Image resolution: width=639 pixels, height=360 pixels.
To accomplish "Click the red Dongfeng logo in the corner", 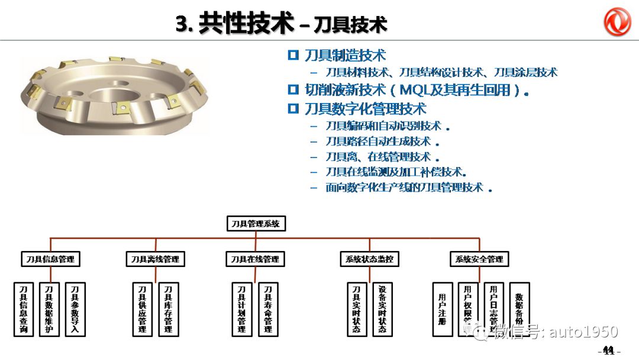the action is [x=617, y=22].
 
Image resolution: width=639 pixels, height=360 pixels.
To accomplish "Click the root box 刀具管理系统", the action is [x=256, y=223].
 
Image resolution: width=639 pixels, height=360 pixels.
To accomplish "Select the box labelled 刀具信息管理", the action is [x=50, y=259].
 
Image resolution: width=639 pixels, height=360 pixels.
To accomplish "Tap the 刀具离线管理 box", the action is [x=155, y=259].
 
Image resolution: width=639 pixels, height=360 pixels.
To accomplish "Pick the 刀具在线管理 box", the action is [x=254, y=259].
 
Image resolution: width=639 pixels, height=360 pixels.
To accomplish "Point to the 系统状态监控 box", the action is [x=369, y=259].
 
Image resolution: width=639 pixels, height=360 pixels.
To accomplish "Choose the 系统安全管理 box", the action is [x=479, y=259].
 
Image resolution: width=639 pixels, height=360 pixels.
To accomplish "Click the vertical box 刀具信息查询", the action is [x=24, y=309].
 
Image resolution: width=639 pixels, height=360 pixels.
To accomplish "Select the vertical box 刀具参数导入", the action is [x=75, y=309].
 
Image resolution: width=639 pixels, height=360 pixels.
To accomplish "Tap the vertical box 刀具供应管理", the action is [x=142, y=309].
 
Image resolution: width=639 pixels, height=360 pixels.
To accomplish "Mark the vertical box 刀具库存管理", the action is [x=169, y=309].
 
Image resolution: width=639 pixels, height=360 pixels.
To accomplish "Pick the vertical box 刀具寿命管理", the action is [x=268, y=309].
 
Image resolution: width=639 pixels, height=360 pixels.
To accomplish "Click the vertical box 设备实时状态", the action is [x=382, y=309].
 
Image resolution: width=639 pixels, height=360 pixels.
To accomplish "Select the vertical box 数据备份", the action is [x=519, y=309].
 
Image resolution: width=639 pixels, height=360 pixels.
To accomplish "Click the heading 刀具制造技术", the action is [x=345, y=56].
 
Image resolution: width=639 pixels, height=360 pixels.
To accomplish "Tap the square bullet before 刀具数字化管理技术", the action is [x=293, y=108].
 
